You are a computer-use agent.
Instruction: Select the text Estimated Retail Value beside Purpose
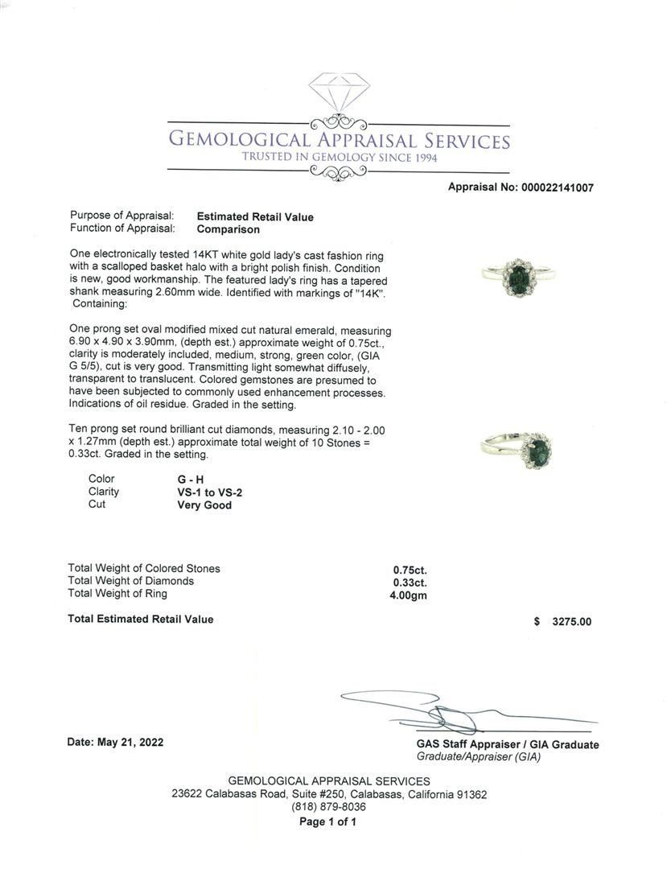[x=255, y=216]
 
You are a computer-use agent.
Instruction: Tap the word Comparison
[x=229, y=229]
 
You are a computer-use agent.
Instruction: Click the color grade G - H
[x=191, y=480]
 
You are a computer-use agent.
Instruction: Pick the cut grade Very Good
[x=204, y=505]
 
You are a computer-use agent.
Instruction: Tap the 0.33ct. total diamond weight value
[x=410, y=583]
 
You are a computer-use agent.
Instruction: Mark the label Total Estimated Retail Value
[x=141, y=619]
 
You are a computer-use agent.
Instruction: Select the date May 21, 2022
[x=115, y=742]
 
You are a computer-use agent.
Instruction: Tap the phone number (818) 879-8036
[x=328, y=807]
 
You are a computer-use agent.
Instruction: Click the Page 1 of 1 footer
[x=327, y=822]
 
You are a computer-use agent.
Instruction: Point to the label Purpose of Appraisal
[x=121, y=216]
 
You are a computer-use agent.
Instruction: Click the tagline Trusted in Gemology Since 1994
[x=339, y=158]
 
